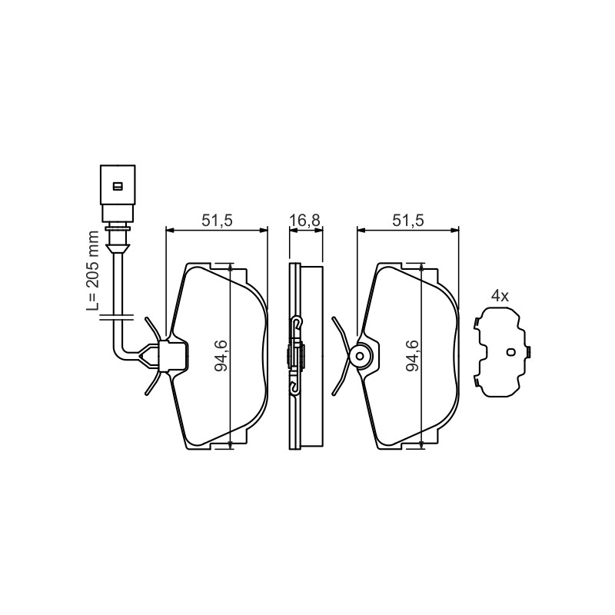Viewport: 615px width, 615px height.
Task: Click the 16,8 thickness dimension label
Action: [x=305, y=221]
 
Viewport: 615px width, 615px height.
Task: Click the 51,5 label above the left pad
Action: [x=217, y=221]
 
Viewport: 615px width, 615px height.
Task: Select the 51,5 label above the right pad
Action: [x=408, y=221]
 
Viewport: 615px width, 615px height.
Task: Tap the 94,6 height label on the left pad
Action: [x=222, y=356]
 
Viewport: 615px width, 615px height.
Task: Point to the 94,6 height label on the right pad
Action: [x=413, y=356]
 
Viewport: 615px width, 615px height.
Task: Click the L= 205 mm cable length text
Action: [x=92, y=271]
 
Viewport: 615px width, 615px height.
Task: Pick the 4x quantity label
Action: [x=500, y=296]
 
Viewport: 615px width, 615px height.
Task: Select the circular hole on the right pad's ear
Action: [x=359, y=356]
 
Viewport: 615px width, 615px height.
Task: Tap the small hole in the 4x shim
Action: [x=510, y=352]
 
